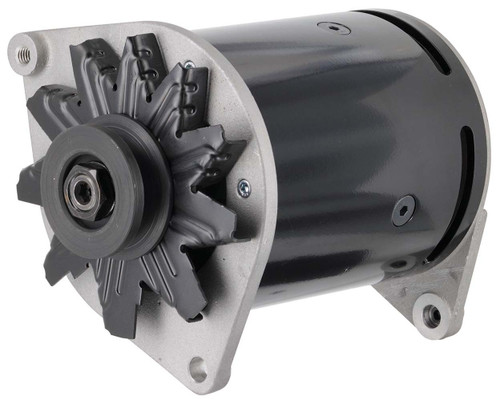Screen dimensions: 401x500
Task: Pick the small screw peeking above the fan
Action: coord(188,65)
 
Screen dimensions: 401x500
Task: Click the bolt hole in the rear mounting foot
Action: coord(431,317)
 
